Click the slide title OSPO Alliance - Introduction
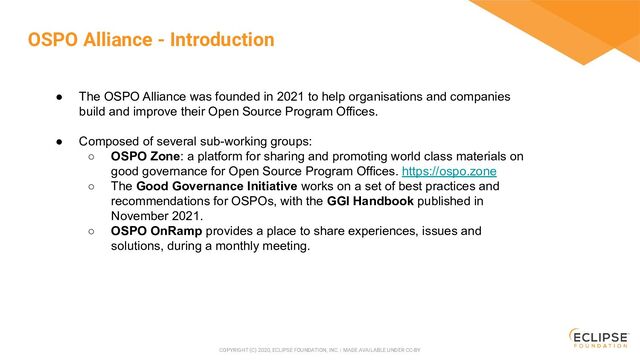[x=151, y=40]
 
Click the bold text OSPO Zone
[x=140, y=156]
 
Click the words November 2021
[x=157, y=216]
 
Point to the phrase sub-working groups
[x=255, y=141]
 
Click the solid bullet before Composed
[x=60, y=141]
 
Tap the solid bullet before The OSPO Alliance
[x=60, y=96]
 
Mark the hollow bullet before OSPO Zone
[x=90, y=156]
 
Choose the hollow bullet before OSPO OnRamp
[x=90, y=231]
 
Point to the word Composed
[x=111, y=141]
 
